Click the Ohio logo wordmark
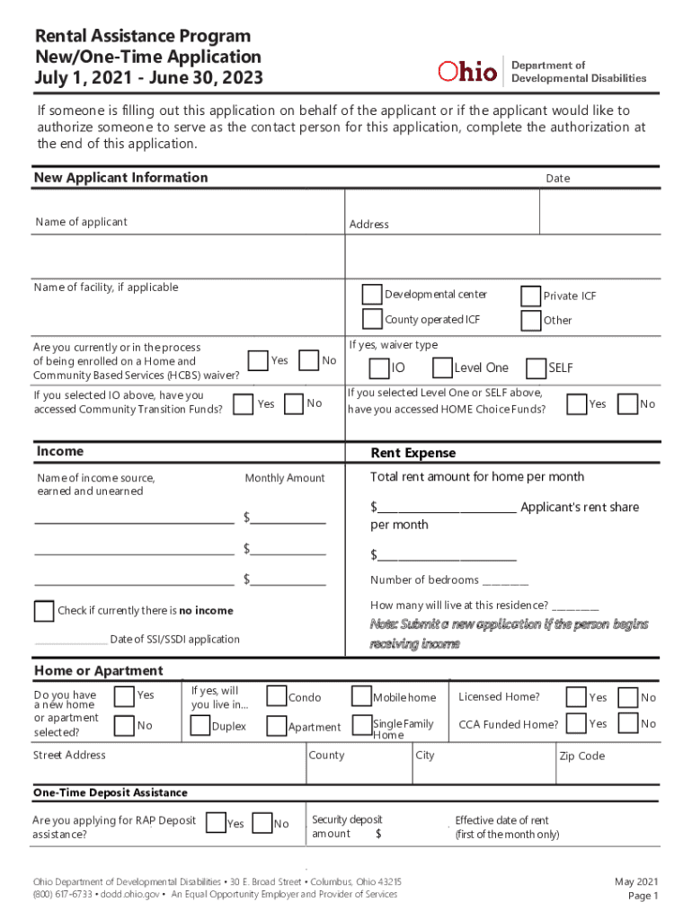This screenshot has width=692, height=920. (x=467, y=72)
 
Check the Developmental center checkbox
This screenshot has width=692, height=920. (x=372, y=295)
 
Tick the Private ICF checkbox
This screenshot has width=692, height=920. (x=530, y=296)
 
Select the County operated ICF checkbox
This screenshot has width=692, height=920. (x=372, y=320)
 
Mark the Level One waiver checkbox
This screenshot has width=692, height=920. (x=442, y=367)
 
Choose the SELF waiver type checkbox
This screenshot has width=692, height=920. (x=536, y=367)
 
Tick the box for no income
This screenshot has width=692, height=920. (x=44, y=611)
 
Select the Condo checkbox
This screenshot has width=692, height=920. (x=276, y=697)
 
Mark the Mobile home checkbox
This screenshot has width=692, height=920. (x=360, y=697)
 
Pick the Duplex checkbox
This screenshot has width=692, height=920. (x=200, y=726)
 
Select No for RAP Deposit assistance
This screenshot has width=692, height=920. (x=262, y=823)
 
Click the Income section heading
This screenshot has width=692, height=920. (x=59, y=451)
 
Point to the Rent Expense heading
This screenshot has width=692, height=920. (x=413, y=453)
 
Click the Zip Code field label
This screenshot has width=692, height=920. (x=581, y=756)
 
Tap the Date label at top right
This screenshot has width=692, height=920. (x=557, y=179)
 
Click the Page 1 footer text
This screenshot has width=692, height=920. (x=643, y=896)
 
